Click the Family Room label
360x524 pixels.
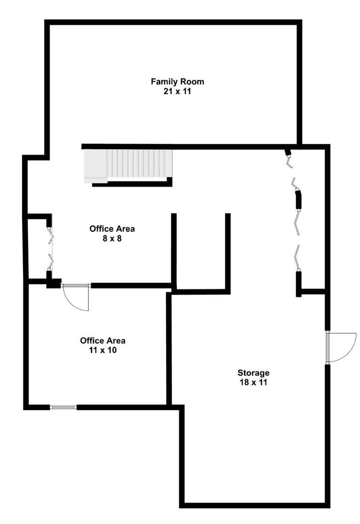tap(177, 82)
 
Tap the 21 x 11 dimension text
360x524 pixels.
tap(177, 91)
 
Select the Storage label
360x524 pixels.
tap(253, 373)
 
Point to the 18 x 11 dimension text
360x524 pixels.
tap(253, 382)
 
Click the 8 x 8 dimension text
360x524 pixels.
tap(112, 239)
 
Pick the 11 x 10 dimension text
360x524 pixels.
tap(103, 350)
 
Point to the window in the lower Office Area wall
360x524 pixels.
tap(63, 407)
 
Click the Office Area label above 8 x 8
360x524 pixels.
tap(112, 229)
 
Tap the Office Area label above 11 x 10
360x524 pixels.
tap(103, 341)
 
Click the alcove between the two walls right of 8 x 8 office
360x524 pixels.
tap(201, 253)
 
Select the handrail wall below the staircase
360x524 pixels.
tap(132, 184)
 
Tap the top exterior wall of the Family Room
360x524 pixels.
tap(173, 22)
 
